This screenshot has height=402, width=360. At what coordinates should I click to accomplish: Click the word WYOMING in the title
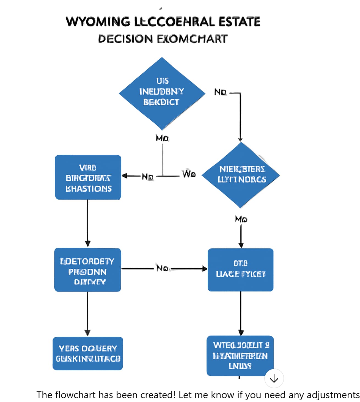tap(98, 22)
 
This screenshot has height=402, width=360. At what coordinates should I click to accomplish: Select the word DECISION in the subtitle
tap(125, 39)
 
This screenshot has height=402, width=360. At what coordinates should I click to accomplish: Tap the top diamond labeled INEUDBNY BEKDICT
tap(162, 93)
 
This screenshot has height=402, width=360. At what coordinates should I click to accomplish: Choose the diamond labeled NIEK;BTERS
tap(241, 175)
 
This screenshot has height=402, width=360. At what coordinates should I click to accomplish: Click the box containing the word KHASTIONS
tap(88, 177)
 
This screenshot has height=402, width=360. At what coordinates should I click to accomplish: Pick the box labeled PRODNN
tap(87, 270)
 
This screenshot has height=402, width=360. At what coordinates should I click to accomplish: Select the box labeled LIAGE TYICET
tap(240, 270)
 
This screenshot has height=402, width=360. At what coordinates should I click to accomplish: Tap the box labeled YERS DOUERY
tap(88, 354)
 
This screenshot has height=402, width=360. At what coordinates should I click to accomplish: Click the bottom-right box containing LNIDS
tap(240, 356)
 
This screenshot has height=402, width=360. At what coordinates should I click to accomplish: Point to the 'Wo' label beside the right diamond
tap(189, 174)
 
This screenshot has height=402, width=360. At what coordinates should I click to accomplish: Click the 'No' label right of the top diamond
tap(220, 92)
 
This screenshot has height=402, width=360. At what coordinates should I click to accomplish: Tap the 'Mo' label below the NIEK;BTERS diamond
tap(241, 219)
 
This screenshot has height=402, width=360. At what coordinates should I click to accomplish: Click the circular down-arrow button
tap(274, 379)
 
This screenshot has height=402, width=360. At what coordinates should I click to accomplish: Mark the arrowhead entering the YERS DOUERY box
tap(87, 333)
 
